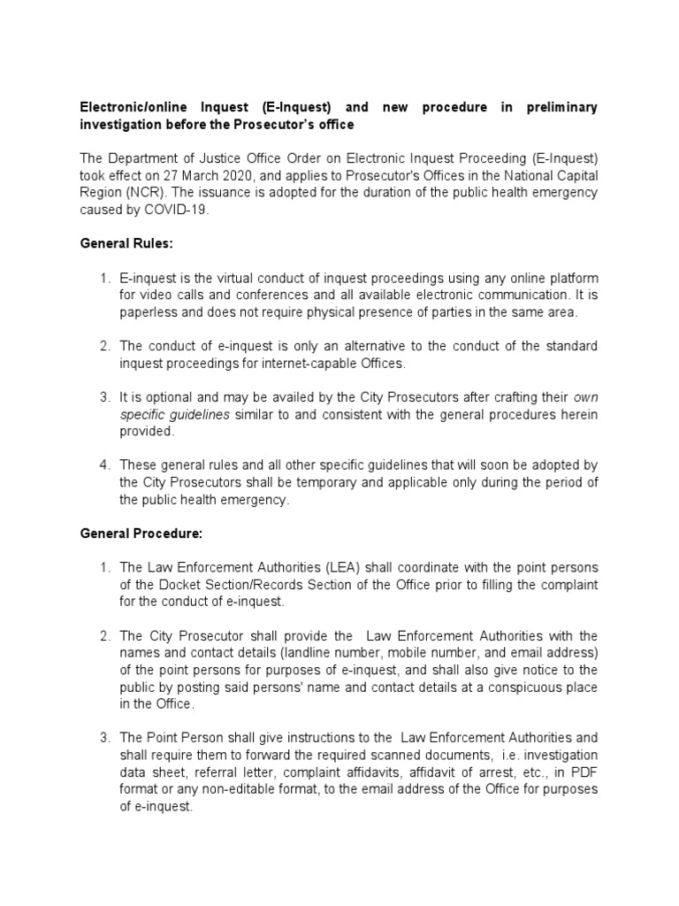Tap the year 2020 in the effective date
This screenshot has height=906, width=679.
[232, 176]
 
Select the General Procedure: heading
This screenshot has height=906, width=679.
[141, 534]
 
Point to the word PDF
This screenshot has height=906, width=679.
[583, 772]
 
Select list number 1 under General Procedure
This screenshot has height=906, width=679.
[103, 568]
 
